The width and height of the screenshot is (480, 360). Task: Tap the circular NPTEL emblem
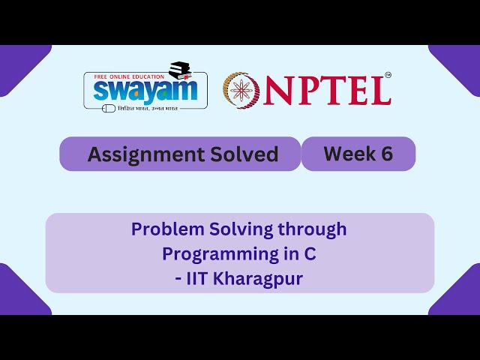tap(241, 89)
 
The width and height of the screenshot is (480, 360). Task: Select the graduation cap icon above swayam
tap(182, 70)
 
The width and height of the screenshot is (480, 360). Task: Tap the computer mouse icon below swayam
tap(109, 108)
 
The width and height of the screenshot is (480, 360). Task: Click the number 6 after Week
tap(386, 154)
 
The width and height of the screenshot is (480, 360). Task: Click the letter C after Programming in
tap(310, 254)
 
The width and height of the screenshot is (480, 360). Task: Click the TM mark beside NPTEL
tap(388, 75)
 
